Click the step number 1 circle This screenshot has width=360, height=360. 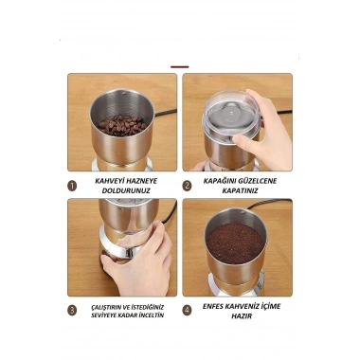(72, 186)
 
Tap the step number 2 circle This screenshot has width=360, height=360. (187, 186)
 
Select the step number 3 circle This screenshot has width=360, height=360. (72, 311)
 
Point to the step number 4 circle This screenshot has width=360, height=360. (187, 311)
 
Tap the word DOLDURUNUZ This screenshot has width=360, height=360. (126, 190)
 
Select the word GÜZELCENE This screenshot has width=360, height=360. (259, 181)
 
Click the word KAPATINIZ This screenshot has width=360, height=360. (240, 190)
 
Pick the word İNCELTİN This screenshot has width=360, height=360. (150, 315)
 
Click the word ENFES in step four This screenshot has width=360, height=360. (214, 306)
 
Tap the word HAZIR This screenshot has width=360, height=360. (242, 316)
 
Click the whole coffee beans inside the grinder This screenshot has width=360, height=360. (121, 125)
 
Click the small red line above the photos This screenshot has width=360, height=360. (180, 67)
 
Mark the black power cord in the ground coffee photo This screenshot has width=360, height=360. (268, 204)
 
